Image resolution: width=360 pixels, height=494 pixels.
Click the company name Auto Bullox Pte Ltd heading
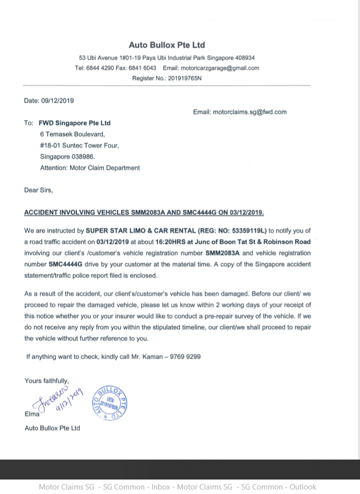(x=167, y=45)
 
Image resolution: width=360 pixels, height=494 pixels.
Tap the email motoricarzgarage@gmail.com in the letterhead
(x=219, y=68)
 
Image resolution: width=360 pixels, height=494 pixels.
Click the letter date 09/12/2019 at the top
(x=57, y=100)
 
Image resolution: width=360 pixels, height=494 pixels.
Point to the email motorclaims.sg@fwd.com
(x=250, y=112)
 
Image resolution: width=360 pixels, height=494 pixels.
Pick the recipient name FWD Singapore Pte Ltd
(x=74, y=123)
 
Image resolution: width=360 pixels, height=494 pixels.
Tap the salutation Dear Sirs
(x=38, y=190)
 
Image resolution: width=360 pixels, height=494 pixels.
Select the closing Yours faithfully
(x=47, y=381)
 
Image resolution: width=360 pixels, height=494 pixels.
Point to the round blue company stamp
(x=110, y=403)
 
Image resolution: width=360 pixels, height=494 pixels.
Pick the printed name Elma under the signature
(x=32, y=414)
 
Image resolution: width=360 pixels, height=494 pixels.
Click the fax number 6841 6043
(x=142, y=68)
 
